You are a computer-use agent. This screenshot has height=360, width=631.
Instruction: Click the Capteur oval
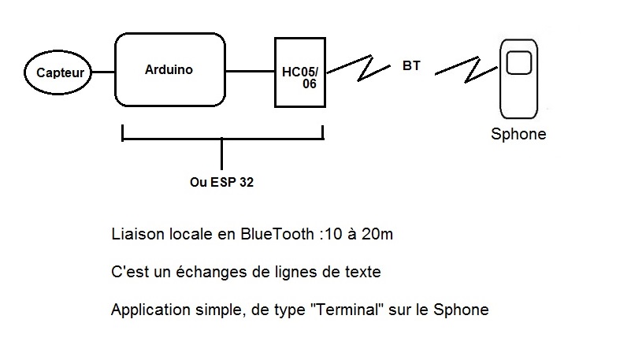[60, 74]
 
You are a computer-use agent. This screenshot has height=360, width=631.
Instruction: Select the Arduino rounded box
[169, 69]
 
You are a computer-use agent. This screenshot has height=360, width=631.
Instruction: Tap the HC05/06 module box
[299, 72]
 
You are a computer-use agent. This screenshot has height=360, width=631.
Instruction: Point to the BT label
[411, 67]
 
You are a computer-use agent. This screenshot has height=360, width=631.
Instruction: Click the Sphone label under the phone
[518, 134]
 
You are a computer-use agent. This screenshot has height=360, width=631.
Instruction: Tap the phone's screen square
[518, 62]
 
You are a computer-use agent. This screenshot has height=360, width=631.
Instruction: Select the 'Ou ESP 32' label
[222, 181]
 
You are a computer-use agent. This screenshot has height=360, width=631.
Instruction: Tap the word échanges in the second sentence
[194, 273]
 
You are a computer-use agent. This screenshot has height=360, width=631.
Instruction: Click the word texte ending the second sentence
[362, 273]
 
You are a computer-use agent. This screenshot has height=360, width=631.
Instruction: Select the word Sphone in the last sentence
[465, 310]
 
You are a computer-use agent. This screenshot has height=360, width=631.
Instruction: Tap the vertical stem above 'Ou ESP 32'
[222, 153]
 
